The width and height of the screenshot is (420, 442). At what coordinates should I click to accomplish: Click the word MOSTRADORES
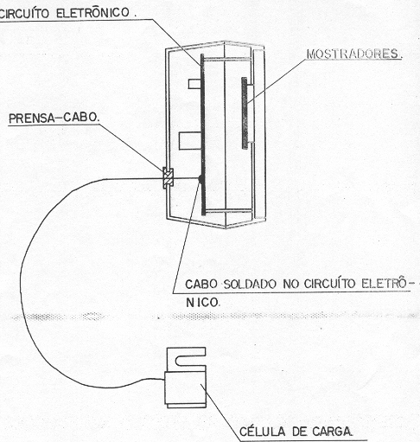click(353, 54)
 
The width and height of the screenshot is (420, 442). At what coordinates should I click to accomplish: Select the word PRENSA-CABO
click(54, 118)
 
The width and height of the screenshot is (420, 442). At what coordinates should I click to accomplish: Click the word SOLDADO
click(250, 285)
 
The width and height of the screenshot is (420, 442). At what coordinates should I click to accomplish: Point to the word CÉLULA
click(263, 432)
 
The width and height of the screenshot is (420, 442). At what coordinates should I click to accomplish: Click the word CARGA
click(332, 432)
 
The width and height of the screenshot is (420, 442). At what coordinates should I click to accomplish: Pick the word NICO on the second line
click(203, 303)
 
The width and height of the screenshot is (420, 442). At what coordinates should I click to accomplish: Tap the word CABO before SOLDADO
click(201, 285)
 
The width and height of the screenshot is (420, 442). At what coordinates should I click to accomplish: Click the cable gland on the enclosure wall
click(169, 178)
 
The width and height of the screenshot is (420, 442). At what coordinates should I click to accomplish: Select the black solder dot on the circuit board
click(200, 178)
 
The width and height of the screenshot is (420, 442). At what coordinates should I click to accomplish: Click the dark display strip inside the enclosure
click(245, 113)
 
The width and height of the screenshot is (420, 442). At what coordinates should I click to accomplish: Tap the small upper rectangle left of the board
click(194, 84)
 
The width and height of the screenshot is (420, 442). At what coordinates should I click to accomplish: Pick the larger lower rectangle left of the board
click(190, 141)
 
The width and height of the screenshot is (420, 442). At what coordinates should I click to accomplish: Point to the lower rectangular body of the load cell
click(186, 389)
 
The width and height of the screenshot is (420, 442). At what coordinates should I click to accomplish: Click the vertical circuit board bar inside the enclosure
click(203, 134)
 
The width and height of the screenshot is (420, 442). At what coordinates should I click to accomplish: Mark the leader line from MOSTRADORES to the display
click(277, 80)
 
